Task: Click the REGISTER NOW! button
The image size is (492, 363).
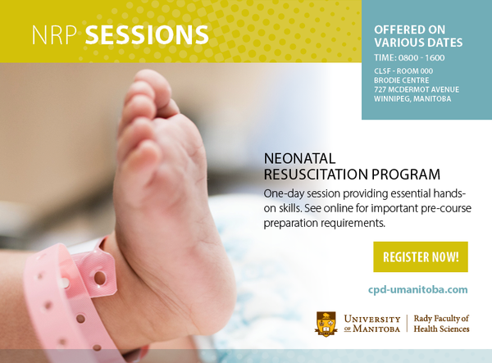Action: [x=421, y=256]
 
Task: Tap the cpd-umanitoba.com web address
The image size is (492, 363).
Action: [x=418, y=289]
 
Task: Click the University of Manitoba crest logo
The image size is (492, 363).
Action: [x=326, y=324]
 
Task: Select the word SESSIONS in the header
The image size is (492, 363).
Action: [x=147, y=34]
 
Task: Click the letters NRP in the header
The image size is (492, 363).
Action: [x=54, y=34]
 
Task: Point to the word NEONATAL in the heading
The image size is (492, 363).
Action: [x=299, y=159]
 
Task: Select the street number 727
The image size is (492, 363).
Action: [x=380, y=89]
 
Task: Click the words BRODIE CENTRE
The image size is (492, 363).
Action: [x=401, y=80]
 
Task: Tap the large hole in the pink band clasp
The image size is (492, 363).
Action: [x=100, y=278]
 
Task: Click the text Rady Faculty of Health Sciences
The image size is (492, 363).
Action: [x=441, y=324]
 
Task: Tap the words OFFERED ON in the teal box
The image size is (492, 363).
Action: [x=409, y=29]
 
